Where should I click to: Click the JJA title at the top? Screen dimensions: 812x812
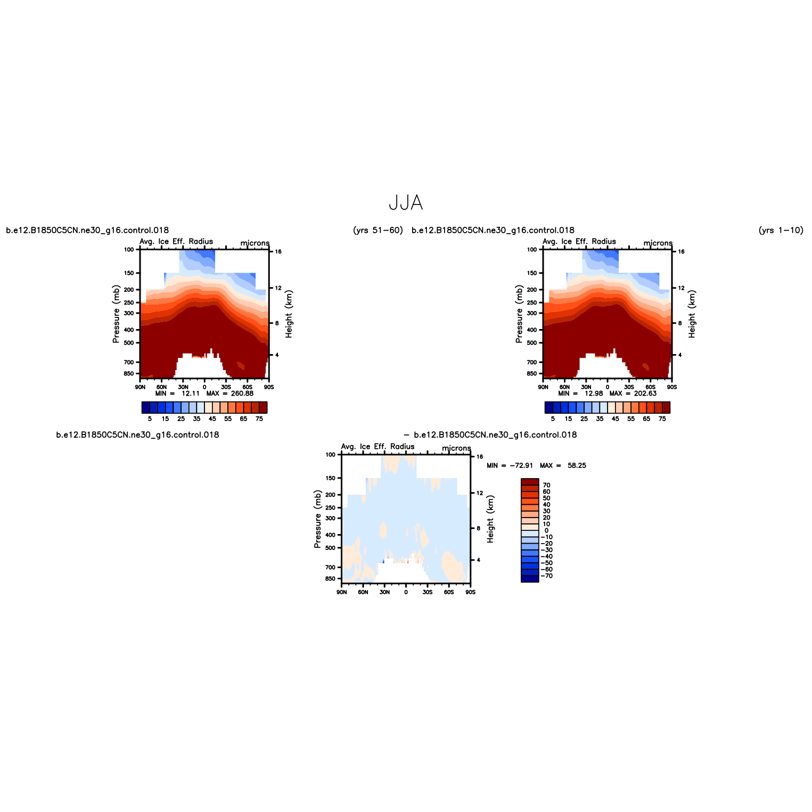pyautogui.click(x=406, y=202)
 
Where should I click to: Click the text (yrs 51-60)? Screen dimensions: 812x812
pyautogui.click(x=378, y=230)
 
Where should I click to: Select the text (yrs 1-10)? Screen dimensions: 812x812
pyautogui.click(x=781, y=230)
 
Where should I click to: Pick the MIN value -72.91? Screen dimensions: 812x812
pyautogui.click(x=521, y=465)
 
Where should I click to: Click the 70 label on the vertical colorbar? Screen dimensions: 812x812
pyautogui.click(x=546, y=485)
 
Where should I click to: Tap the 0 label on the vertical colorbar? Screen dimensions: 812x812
pyautogui.click(x=546, y=530)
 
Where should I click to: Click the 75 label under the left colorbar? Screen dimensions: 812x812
pyautogui.click(x=259, y=419)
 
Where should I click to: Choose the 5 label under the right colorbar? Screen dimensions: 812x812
pyautogui.click(x=553, y=419)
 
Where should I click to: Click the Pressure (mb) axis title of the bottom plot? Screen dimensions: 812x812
pyautogui.click(x=318, y=520)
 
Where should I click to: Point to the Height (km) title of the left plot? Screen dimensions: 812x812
pyautogui.click(x=289, y=314)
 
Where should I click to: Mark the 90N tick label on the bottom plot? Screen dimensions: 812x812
pyautogui.click(x=342, y=592)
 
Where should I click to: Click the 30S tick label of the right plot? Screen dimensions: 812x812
pyautogui.click(x=629, y=387)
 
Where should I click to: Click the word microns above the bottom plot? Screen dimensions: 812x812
pyautogui.click(x=456, y=448)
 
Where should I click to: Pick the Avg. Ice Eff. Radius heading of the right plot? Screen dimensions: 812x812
pyautogui.click(x=579, y=241)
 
